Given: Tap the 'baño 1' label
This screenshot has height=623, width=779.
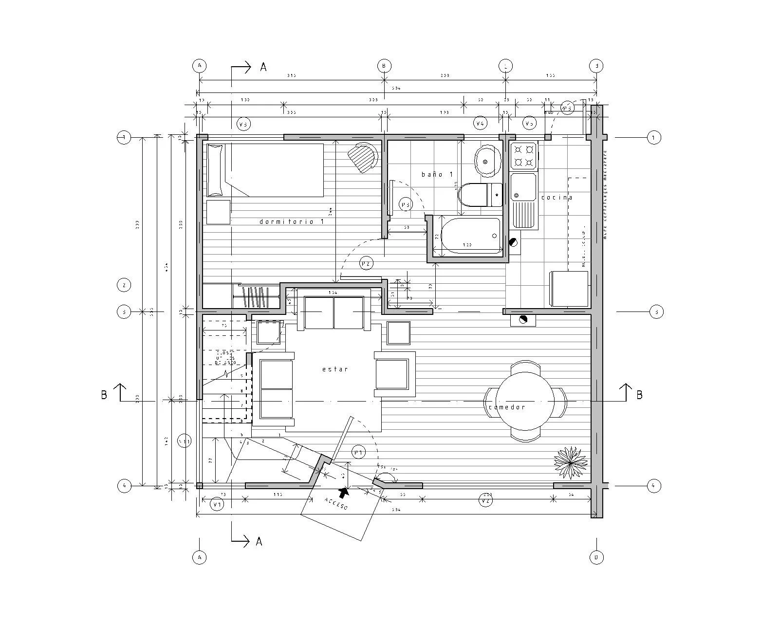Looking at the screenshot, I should coord(437,174).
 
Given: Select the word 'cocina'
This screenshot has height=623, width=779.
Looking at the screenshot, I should coord(556,198).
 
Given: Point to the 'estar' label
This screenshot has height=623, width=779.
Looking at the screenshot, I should coord(335,369).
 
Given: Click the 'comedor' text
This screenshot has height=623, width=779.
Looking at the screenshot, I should coord(507,407).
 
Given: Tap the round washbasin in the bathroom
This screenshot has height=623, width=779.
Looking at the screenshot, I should coord(487,160).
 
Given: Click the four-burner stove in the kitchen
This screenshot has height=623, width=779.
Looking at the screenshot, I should coord(524,155).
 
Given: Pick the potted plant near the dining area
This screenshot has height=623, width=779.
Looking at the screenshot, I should coord(570,462).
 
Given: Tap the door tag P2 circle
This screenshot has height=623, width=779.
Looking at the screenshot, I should coord(366,263).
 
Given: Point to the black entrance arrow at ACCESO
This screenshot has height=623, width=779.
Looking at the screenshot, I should coord(344,494).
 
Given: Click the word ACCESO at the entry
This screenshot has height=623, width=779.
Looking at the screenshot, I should coord(336,504).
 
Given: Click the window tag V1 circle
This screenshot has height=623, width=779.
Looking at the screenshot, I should coord(217,505).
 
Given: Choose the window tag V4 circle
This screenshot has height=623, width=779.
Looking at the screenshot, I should coord(480,124).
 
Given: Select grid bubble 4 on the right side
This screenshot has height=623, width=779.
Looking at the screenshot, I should coord(654,485).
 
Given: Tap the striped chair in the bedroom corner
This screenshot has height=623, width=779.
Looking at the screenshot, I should coord(364,157).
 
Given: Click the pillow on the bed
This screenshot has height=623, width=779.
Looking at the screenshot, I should coord(215,170).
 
